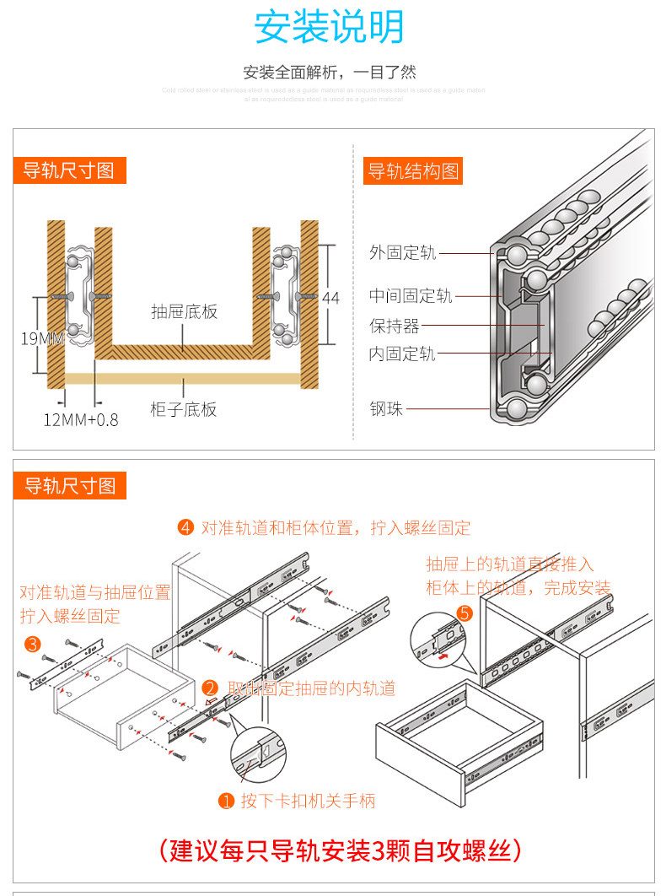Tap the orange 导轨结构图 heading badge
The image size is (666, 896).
click(x=413, y=171)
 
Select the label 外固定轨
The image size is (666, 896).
click(x=402, y=252)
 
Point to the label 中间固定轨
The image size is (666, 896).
click(x=411, y=296)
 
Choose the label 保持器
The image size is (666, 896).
click(x=394, y=326)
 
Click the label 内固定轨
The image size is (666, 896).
click(x=402, y=354)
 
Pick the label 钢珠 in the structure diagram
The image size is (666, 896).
click(x=386, y=409)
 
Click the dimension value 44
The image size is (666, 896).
click(x=330, y=298)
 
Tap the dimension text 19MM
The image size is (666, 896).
click(x=42, y=339)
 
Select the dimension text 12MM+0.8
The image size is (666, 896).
click(x=81, y=419)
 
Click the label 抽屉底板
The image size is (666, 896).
click(x=184, y=311)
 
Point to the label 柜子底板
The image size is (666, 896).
click(x=184, y=410)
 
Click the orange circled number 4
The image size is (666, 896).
click(x=186, y=528)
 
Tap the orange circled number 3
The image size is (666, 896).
click(x=32, y=645)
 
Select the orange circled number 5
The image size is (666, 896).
click(x=464, y=613)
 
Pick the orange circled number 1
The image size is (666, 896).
click(x=225, y=801)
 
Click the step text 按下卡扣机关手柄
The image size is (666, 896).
click(x=308, y=801)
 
